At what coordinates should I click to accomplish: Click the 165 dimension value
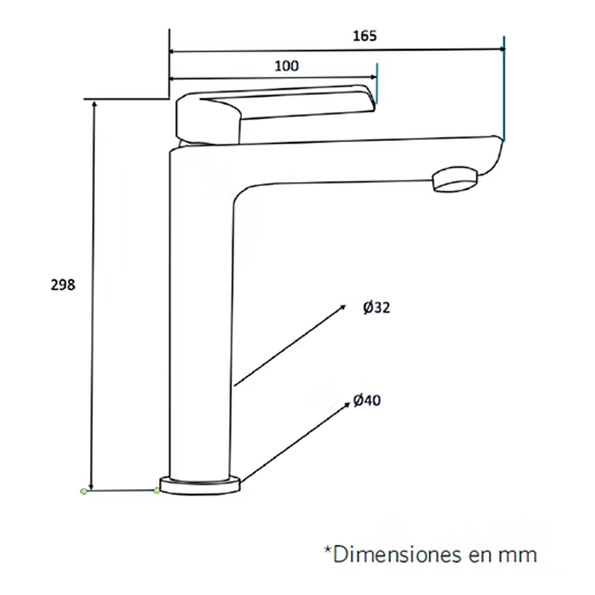pos(365,36)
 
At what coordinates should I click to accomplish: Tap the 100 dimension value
pos(287,66)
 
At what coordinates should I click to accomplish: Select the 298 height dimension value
pos(63,285)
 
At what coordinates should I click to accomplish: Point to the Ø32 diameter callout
pos(376,308)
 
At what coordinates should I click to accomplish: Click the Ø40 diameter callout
pos(366,401)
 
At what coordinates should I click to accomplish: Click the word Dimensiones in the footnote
pos(397,555)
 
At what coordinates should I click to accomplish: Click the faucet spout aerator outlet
pos(455,180)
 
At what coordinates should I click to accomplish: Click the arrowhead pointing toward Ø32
pos(343,307)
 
